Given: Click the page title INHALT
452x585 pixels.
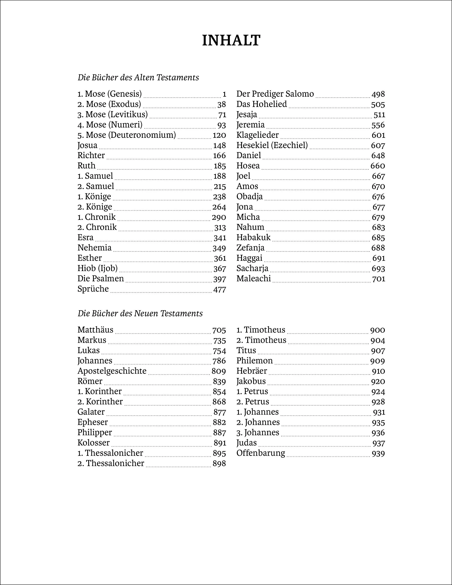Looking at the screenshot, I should pyautogui.click(x=231, y=41).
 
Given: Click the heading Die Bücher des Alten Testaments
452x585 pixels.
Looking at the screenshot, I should pyautogui.click(x=138, y=78).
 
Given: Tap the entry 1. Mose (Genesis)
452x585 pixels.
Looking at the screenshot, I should pyautogui.click(x=110, y=94).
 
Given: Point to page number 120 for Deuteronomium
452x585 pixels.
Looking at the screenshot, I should pyautogui.click(x=219, y=135).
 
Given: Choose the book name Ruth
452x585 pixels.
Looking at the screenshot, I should pyautogui.click(x=86, y=166).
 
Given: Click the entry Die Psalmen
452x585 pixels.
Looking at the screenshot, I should pyautogui.click(x=101, y=279).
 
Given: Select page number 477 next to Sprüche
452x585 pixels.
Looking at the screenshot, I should pyautogui.click(x=219, y=290).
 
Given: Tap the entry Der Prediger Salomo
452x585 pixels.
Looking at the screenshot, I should pyautogui.click(x=275, y=94).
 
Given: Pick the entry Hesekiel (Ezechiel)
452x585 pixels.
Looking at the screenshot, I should pyautogui.click(x=272, y=145).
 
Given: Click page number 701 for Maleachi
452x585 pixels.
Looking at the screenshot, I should pyautogui.click(x=378, y=279).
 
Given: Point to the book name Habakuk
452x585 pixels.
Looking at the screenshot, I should pyautogui.click(x=253, y=238).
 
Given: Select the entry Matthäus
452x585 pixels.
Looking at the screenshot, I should pyautogui.click(x=95, y=330).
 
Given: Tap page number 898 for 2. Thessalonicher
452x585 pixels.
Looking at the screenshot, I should pyautogui.click(x=219, y=463).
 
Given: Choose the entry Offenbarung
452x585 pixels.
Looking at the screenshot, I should pyautogui.click(x=261, y=453).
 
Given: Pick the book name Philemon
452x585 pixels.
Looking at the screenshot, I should pyautogui.click(x=255, y=361).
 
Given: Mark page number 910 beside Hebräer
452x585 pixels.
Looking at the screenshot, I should pyautogui.click(x=378, y=371).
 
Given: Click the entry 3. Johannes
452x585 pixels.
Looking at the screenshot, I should pyautogui.click(x=258, y=433).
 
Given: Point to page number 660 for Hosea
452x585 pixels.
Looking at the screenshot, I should pyautogui.click(x=378, y=166).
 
